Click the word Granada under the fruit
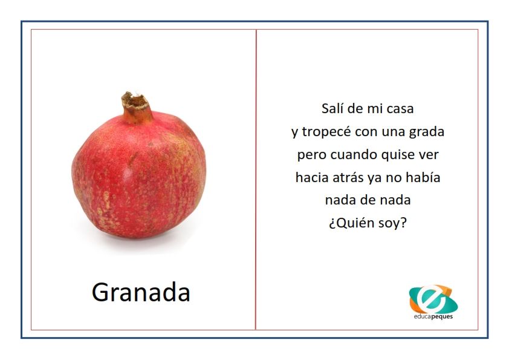pyautogui.click(x=141, y=292)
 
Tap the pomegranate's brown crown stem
pyautogui.click(x=137, y=108)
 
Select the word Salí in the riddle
pyautogui.click(x=332, y=108)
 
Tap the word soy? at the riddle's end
pyautogui.click(x=393, y=223)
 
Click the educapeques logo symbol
pyautogui.click(x=433, y=299)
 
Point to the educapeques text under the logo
pyautogui.click(x=433, y=316)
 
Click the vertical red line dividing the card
pyautogui.click(x=256, y=179)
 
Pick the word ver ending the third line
pyautogui.click(x=430, y=155)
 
